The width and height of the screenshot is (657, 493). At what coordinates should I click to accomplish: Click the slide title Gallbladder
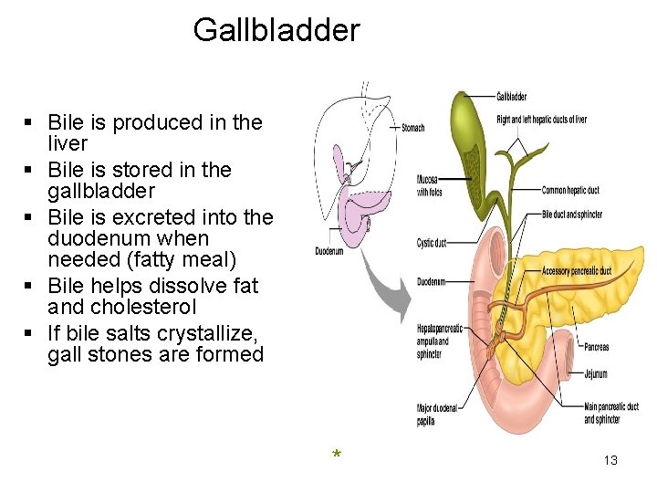(x=276, y=31)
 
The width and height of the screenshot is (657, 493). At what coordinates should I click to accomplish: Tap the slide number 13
(x=610, y=460)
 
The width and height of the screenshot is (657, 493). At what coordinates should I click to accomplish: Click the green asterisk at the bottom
(x=337, y=455)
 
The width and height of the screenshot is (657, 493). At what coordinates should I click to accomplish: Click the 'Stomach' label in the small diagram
(x=412, y=128)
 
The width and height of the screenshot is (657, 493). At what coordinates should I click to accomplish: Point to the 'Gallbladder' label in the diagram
(x=511, y=97)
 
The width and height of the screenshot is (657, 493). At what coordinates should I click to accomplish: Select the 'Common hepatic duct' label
(x=570, y=191)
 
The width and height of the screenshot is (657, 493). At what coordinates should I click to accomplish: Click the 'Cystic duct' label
(x=431, y=243)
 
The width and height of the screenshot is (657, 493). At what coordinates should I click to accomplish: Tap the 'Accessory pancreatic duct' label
(x=577, y=271)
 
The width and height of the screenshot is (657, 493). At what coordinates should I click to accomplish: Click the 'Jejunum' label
(x=596, y=374)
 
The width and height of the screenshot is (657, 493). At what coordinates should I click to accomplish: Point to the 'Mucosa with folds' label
(x=429, y=186)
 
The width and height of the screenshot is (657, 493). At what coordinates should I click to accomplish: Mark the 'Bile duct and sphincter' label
(x=572, y=215)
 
